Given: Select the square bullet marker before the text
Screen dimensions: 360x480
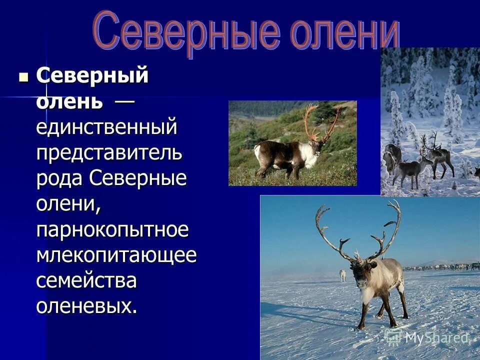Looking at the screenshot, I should tap(23, 77).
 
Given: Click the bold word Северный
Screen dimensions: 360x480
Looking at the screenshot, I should tap(92, 76).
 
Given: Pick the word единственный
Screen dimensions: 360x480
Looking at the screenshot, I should tap(106, 127).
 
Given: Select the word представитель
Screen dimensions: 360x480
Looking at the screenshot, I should tap(109, 152).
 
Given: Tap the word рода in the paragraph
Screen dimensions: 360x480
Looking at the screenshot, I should tap(59, 178).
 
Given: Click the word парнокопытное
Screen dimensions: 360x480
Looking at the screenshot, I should tap(112, 229).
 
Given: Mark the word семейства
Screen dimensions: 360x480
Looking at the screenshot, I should tap(86, 280).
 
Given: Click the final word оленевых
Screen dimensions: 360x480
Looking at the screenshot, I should tap(86, 306).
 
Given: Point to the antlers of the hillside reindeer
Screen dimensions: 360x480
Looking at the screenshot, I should tap(320, 120).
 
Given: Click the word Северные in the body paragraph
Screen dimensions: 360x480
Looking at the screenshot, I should tap(139, 178).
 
